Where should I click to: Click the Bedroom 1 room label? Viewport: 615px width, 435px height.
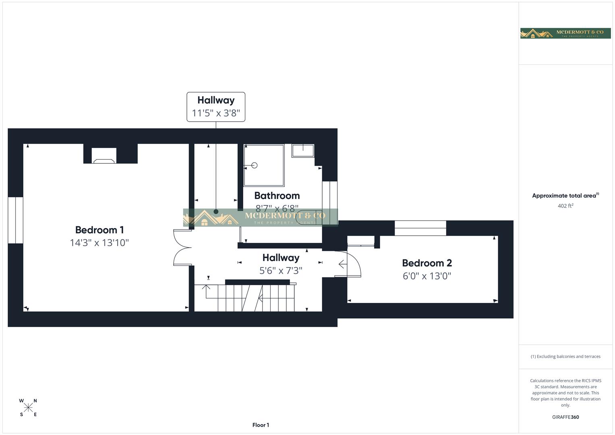pyautogui.click(x=99, y=230)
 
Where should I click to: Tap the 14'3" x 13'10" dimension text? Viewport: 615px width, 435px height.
pyautogui.click(x=99, y=243)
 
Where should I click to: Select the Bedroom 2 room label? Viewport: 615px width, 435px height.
pyautogui.click(x=427, y=263)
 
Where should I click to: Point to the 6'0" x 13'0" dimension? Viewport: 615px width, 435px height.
pyautogui.click(x=427, y=276)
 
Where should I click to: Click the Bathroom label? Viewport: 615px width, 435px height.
pyautogui.click(x=277, y=196)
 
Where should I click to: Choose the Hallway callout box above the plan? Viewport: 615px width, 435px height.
pyautogui.click(x=216, y=107)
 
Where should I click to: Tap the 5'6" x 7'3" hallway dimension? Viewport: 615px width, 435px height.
pyautogui.click(x=281, y=271)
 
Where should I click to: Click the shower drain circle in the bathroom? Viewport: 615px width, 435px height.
pyautogui.click(x=254, y=165)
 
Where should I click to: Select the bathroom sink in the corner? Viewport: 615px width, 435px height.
pyautogui.click(x=303, y=151)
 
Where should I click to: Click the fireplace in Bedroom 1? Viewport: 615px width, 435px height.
pyautogui.click(x=104, y=156)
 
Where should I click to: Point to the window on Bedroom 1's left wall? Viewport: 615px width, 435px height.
pyautogui.click(x=15, y=220)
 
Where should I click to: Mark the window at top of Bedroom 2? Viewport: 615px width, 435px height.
pyautogui.click(x=420, y=228)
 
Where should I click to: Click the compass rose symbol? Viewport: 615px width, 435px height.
pyautogui.click(x=28, y=408)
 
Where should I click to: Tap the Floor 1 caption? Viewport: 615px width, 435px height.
pyautogui.click(x=261, y=425)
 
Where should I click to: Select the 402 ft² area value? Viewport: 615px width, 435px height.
pyautogui.click(x=565, y=206)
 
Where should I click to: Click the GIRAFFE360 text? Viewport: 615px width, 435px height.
pyautogui.click(x=565, y=417)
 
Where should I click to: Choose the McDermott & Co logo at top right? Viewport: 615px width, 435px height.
pyautogui.click(x=565, y=33)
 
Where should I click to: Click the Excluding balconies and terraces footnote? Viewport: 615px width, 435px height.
pyautogui.click(x=565, y=356)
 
